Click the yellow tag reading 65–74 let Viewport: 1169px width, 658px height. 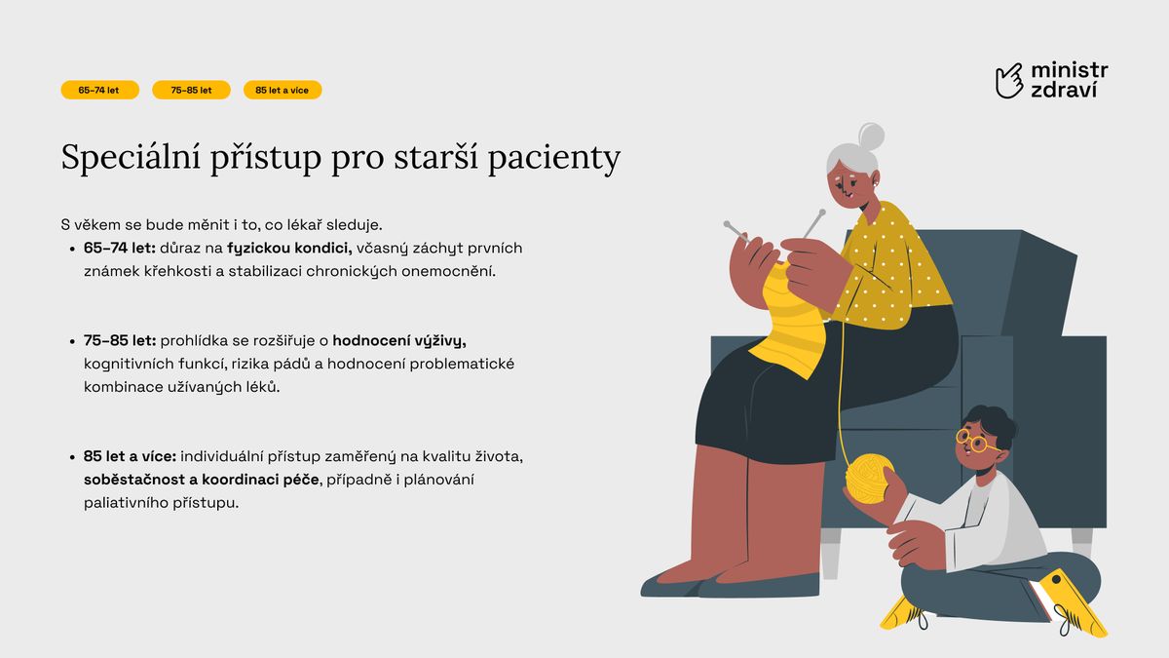(x=99, y=90)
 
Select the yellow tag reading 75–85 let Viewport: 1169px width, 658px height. (x=191, y=90)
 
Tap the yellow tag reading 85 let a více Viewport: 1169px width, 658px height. (x=283, y=90)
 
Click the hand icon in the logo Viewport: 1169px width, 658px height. (x=1009, y=81)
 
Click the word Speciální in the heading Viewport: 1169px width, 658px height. (x=131, y=157)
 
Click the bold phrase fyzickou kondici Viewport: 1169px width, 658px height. (x=289, y=249)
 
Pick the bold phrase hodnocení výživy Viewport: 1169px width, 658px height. (x=399, y=341)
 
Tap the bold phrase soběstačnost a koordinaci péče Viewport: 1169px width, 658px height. (x=202, y=480)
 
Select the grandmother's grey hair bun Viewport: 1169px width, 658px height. (x=871, y=135)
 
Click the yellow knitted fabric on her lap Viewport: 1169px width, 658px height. (x=791, y=324)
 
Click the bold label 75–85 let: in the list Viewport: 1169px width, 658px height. (x=120, y=341)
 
